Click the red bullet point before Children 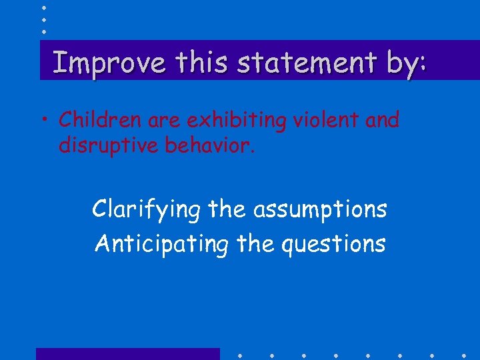coord(51,121)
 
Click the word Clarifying coord(146,209)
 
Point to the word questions coord(333,244)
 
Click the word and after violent coord(382,120)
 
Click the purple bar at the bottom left coord(127,354)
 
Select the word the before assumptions coord(227,209)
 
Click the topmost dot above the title coord(43,7)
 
